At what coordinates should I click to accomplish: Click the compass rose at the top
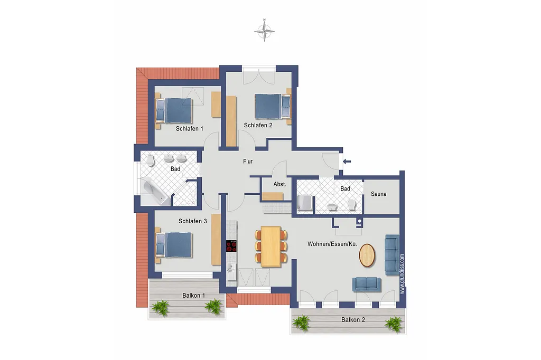(x=264, y=31)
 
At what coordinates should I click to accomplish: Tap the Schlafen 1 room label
(x=190, y=129)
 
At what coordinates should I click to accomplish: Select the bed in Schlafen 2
(x=273, y=106)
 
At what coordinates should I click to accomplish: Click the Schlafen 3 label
(x=192, y=221)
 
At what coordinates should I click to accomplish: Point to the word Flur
(x=248, y=161)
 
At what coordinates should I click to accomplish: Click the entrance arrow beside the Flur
(x=347, y=161)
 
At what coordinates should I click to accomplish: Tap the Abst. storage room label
(x=280, y=184)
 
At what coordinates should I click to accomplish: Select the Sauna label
(x=378, y=194)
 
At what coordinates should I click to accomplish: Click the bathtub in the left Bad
(x=155, y=193)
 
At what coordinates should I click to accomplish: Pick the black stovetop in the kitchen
(x=231, y=247)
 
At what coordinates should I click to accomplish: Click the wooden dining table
(x=271, y=246)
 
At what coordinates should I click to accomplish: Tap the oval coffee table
(x=368, y=255)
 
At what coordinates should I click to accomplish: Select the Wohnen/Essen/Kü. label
(x=332, y=244)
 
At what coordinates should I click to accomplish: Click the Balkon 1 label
(x=193, y=296)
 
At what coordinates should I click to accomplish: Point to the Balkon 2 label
(x=353, y=320)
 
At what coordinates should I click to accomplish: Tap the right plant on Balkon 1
(x=213, y=306)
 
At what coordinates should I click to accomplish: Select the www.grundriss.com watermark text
(x=402, y=274)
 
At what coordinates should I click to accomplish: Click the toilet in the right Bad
(x=352, y=204)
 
